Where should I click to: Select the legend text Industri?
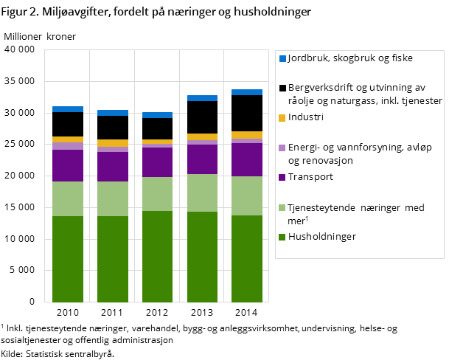(x=306, y=117)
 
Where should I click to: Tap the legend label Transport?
(x=310, y=177)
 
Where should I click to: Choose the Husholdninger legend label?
(x=321, y=237)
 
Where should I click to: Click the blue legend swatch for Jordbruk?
(x=282, y=58)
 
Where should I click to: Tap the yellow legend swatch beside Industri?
(x=282, y=117)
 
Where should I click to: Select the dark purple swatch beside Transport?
(x=282, y=178)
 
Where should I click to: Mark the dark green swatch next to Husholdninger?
(x=282, y=238)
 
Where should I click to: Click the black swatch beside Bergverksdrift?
(x=282, y=88)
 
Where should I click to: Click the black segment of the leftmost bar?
(x=68, y=124)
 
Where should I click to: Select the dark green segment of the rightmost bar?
(x=247, y=258)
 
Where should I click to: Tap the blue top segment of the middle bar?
(x=157, y=115)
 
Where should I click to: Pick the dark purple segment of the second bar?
(x=112, y=167)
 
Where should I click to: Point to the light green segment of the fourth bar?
(x=202, y=193)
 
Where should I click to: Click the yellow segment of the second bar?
(x=112, y=143)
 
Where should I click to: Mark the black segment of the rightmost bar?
(x=247, y=113)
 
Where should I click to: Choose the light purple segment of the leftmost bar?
(x=68, y=146)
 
